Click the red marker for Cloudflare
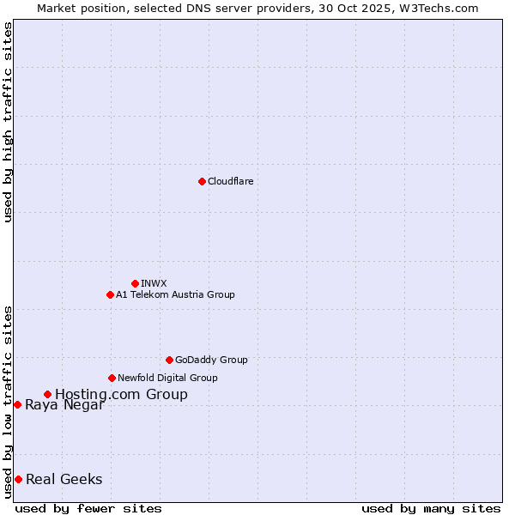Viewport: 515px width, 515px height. [x=202, y=181]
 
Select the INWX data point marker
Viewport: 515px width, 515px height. [x=135, y=283]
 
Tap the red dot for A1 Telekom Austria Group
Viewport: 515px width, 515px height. [x=110, y=294]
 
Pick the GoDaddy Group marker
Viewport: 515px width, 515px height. [x=169, y=360]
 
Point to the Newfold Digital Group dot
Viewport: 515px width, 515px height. [x=112, y=378]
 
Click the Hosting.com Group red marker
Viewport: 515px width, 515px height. [x=47, y=394]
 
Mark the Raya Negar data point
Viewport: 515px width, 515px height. [x=17, y=404]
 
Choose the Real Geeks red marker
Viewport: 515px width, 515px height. [x=18, y=479]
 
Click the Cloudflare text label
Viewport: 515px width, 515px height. [x=230, y=181]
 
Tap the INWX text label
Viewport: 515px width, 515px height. [x=154, y=283]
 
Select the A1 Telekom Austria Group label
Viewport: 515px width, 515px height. [x=175, y=294]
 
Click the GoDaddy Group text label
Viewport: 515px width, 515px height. [x=211, y=360]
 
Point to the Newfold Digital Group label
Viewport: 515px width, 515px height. [x=167, y=378]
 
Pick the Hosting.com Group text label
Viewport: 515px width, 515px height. [x=121, y=394]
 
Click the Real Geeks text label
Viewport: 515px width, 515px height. [x=64, y=479]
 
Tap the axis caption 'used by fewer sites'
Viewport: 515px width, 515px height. [x=88, y=508]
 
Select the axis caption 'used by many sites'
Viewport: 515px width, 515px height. [x=431, y=508]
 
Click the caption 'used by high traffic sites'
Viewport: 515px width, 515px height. [x=8, y=122]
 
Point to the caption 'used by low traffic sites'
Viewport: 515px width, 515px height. [x=8, y=401]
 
